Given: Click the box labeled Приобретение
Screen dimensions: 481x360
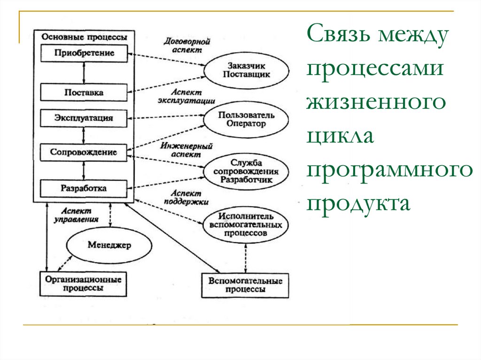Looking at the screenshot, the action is (x=84, y=54).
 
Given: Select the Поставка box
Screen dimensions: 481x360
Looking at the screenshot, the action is (x=84, y=92).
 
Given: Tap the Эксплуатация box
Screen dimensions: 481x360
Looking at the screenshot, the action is (x=84, y=118).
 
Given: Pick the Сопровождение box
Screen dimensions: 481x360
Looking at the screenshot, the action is (x=84, y=153).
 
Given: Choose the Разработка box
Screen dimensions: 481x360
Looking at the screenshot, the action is (x=84, y=188).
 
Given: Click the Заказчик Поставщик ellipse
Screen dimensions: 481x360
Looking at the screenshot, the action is (x=246, y=70).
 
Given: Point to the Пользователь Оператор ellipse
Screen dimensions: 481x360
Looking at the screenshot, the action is (x=246, y=119).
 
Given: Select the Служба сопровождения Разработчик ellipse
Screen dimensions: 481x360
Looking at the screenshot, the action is (x=246, y=171).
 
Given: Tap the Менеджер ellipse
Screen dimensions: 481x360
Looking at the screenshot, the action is (x=109, y=245).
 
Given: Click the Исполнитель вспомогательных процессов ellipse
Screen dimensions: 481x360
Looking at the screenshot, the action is (x=245, y=225).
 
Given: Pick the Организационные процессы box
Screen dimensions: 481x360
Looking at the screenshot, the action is (x=83, y=284).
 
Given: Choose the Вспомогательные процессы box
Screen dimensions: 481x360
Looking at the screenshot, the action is (x=245, y=285).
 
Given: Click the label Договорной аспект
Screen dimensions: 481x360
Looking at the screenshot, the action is (x=187, y=46).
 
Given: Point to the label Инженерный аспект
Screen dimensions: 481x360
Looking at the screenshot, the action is (x=186, y=150).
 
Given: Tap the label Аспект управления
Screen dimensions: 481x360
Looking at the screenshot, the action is (x=76, y=215).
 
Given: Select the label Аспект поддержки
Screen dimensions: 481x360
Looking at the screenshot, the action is (x=186, y=198).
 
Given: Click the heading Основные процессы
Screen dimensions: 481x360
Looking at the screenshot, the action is (x=85, y=37).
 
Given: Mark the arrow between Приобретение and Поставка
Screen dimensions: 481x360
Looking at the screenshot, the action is (x=84, y=73).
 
